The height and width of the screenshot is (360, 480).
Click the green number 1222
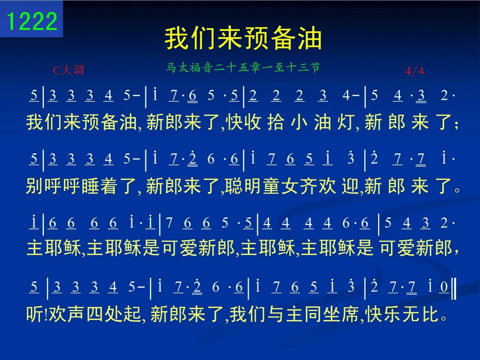tap(32, 21)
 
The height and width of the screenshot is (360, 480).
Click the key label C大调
tap(69, 70)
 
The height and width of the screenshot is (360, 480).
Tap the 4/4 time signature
tap(414, 71)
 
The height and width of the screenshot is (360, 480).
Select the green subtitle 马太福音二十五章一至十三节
tap(243, 67)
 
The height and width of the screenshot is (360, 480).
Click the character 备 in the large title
tap(283, 39)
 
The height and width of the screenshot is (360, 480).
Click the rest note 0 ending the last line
tap(444, 287)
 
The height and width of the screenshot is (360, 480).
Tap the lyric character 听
tap(35, 314)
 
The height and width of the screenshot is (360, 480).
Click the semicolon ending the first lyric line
tap(456, 124)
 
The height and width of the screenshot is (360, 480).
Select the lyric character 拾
tap(276, 122)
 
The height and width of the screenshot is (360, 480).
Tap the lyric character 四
tap(95, 314)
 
